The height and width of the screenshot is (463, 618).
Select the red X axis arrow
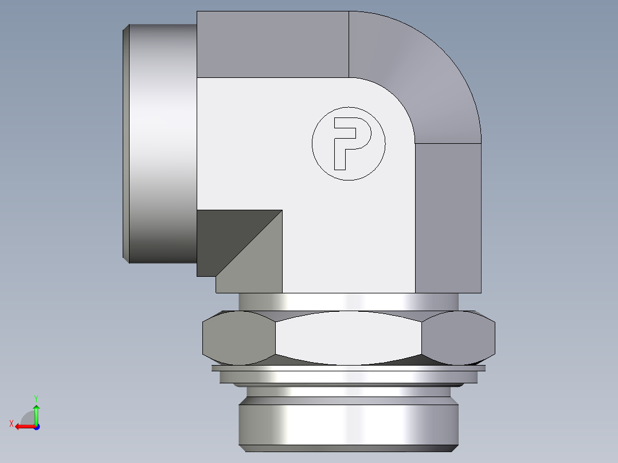pos(23,426)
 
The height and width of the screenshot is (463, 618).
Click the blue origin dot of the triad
pos(36,426)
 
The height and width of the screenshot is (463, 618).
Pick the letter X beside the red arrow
pos(11,423)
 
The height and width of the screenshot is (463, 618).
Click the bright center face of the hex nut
pos(349,338)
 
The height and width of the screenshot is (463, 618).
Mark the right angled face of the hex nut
pos(459,338)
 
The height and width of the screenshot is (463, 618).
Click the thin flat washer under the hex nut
pos(349,368)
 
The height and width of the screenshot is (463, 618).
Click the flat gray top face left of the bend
pos(272,44)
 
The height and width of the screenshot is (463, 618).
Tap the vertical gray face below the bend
pos(448,218)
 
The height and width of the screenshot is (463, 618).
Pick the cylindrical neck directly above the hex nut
pos(349,301)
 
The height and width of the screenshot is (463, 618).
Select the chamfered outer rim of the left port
pos(126,143)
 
